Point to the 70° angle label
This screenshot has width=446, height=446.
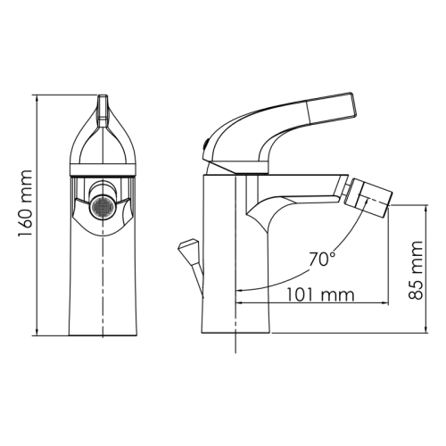322,259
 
